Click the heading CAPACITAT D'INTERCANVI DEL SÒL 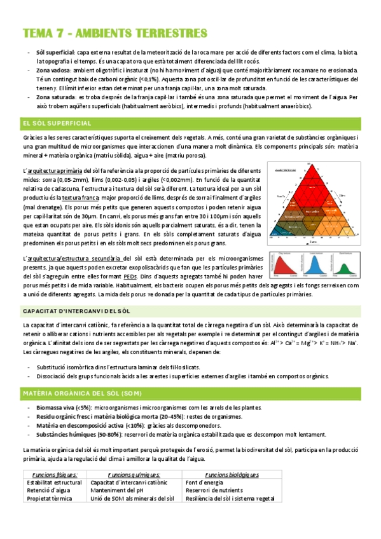click(76, 311)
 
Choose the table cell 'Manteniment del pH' click(119, 491)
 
